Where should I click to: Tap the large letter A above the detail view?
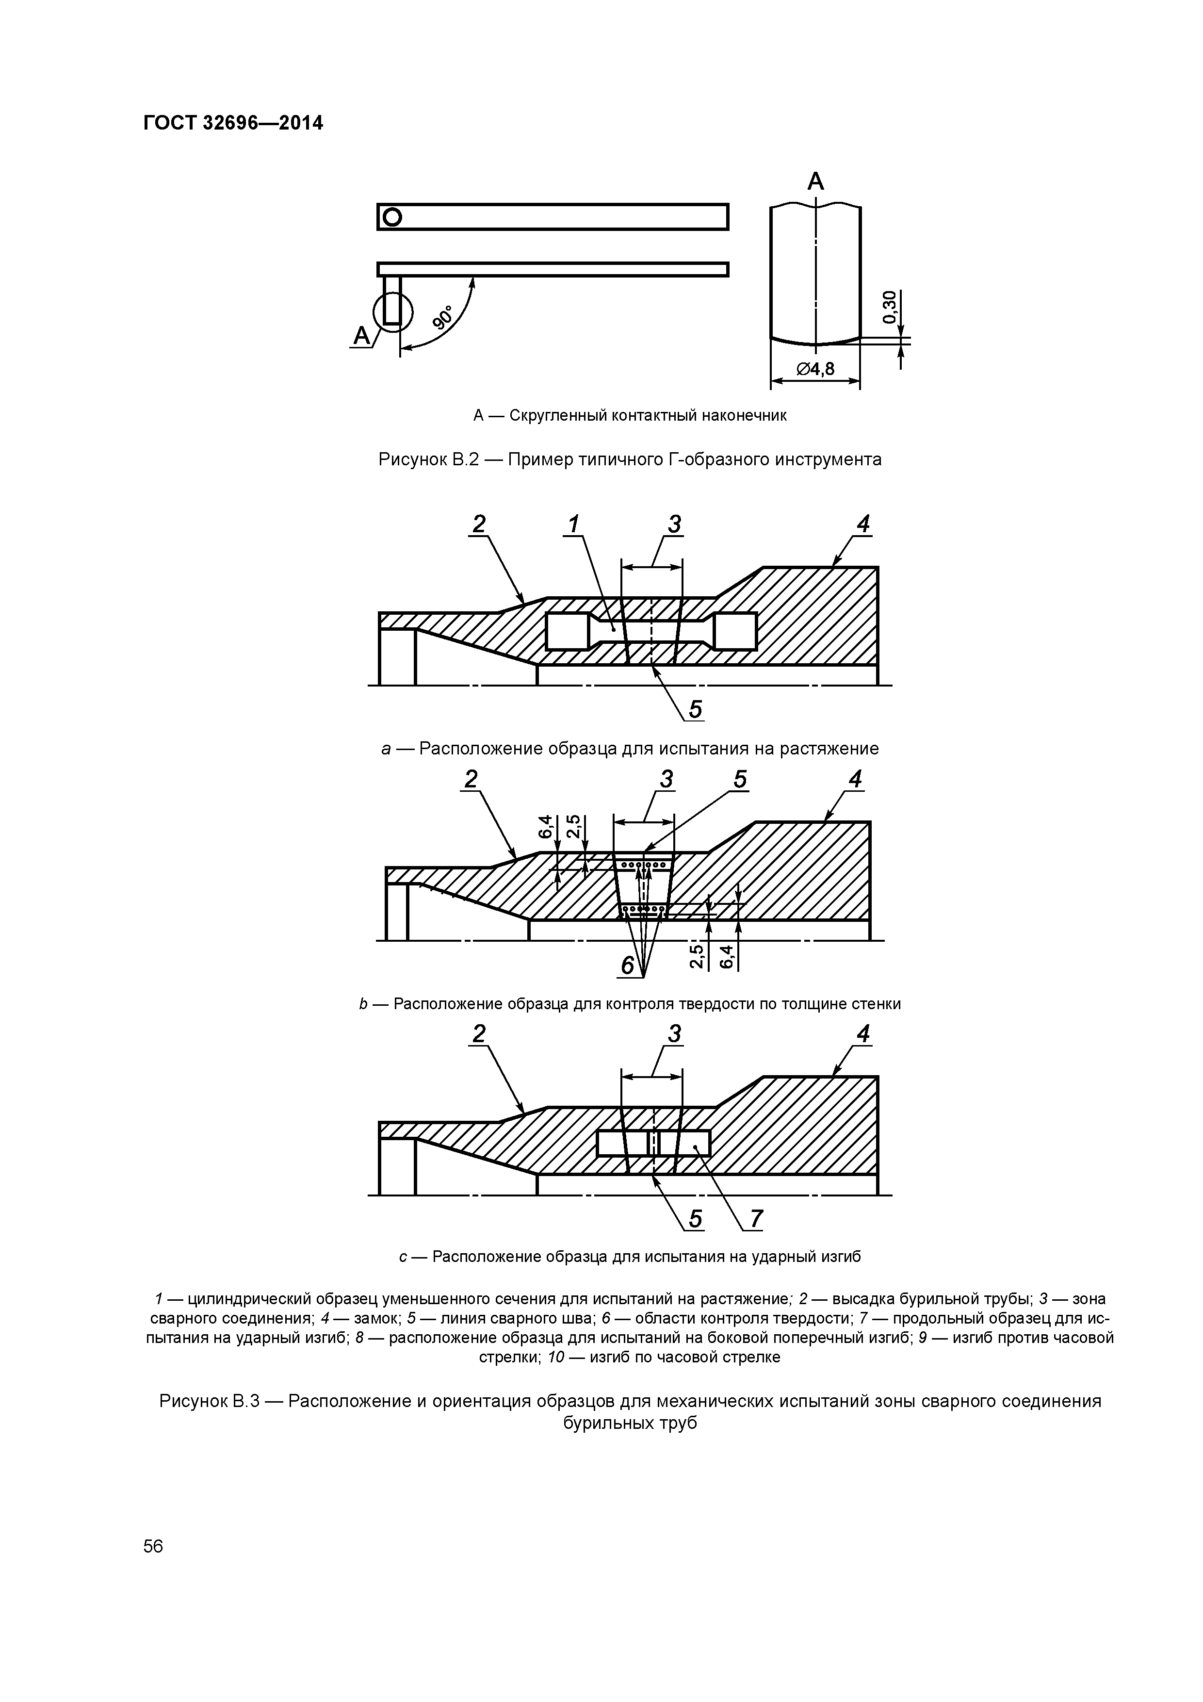815,181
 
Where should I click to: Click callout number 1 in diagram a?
573,524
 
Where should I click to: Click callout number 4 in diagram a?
863,524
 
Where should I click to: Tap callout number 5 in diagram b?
740,779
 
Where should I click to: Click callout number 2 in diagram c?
479,1033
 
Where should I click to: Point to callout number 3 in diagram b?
667,779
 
